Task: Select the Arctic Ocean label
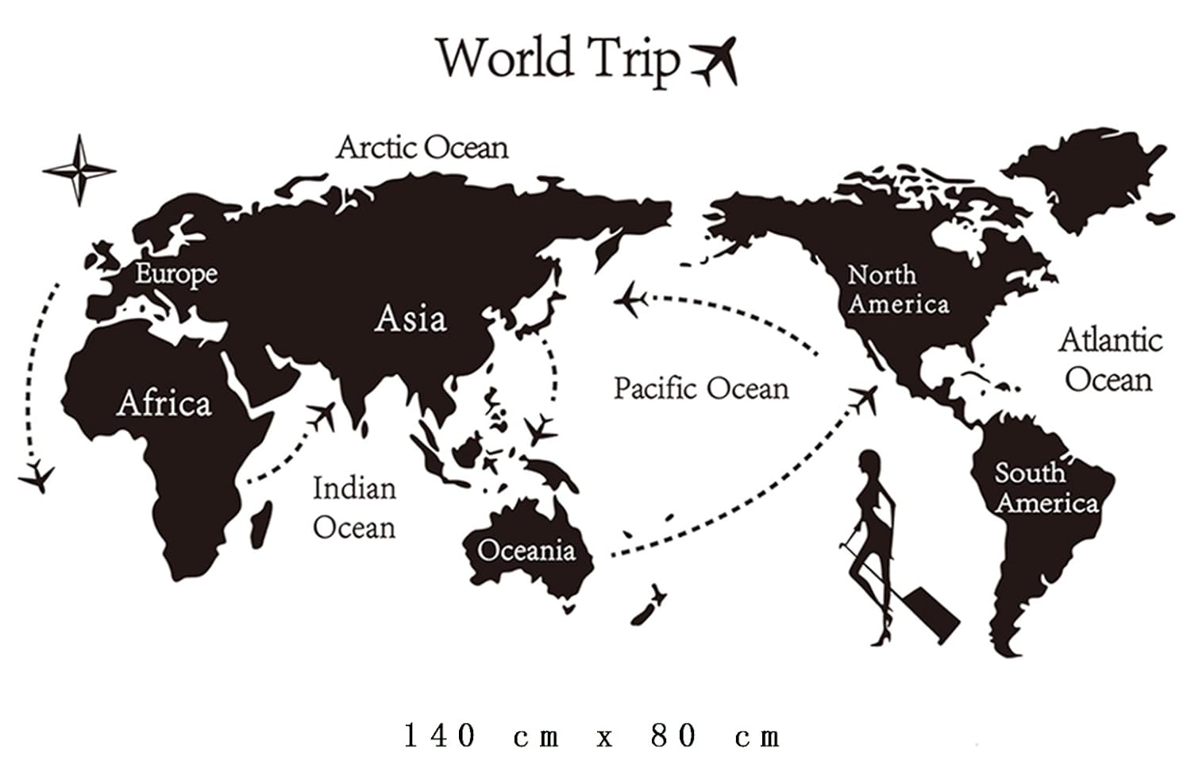422,148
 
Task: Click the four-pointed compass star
79,170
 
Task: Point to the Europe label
175,274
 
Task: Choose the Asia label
410,318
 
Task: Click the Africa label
164,403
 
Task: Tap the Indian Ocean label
354,508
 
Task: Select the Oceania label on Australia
526,550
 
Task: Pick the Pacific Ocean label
701,388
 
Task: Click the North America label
897,290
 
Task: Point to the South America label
1046,488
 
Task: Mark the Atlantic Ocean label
1110,360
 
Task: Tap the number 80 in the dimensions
674,736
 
